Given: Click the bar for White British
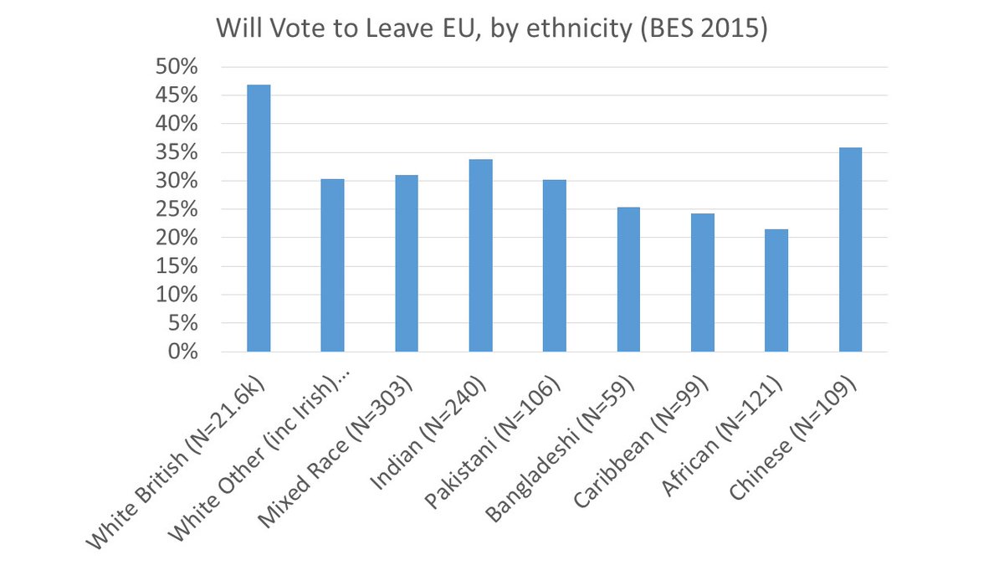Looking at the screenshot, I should [259, 218].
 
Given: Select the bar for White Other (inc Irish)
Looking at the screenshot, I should [332, 265].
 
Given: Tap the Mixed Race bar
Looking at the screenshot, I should [406, 263].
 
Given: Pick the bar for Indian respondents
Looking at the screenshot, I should [480, 255].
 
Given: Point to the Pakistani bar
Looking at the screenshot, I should [554, 265].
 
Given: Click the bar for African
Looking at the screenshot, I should [776, 290].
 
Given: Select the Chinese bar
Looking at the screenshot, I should [850, 249].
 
